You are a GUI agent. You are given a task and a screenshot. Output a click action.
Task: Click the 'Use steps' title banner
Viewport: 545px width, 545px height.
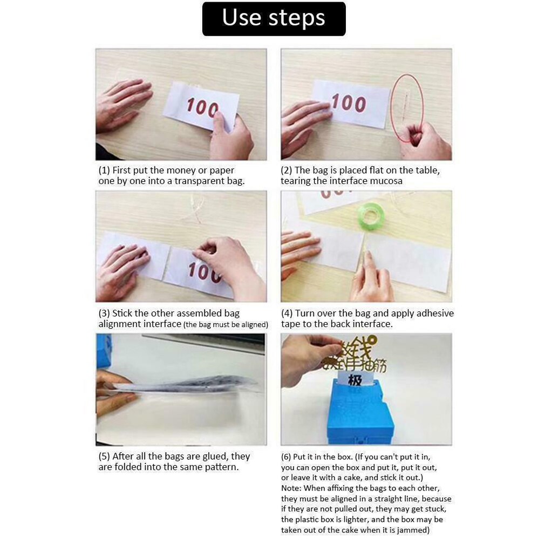tap(274, 18)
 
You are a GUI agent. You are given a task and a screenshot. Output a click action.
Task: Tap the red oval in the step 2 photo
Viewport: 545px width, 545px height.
tap(407, 108)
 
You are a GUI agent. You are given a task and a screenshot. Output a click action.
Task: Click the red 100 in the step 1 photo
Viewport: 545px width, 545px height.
tap(202, 107)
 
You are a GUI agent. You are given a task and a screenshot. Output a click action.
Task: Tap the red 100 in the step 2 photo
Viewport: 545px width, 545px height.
tap(349, 102)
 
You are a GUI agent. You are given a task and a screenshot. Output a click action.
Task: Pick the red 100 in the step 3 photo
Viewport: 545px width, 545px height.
tap(204, 271)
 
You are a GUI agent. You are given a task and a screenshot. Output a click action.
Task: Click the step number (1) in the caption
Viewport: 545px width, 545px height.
tap(104, 171)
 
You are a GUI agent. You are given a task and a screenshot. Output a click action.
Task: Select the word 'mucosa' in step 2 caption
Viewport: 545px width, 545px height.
tap(386, 181)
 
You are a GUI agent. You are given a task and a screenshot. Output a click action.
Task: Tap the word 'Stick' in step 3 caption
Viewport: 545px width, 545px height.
tap(122, 314)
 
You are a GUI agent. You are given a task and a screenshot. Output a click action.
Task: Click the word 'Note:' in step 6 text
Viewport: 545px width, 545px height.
tap(292, 488)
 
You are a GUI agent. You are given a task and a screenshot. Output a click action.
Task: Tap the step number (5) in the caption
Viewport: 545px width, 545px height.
tap(104, 457)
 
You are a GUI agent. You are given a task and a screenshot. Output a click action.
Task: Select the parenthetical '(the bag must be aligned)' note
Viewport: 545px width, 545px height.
tap(226, 325)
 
